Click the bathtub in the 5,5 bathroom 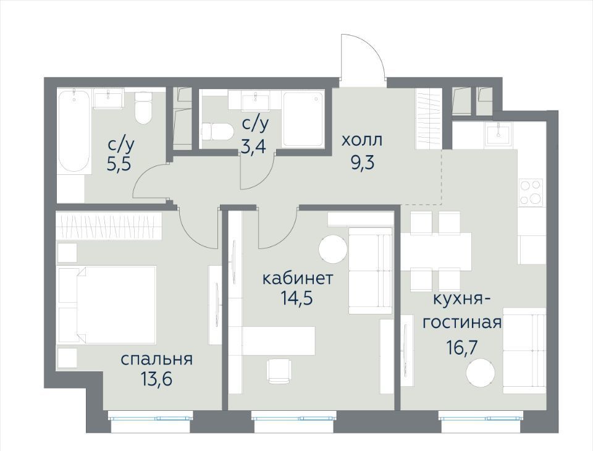75,132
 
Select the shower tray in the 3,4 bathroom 303,119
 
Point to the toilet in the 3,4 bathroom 216,132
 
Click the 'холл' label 362,140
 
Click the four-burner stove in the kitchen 531,193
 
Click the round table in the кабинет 333,248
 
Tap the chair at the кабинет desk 279,371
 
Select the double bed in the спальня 107,305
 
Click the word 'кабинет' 298,279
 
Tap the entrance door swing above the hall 363,56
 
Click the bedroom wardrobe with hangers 109,226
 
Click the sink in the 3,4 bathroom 255,101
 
